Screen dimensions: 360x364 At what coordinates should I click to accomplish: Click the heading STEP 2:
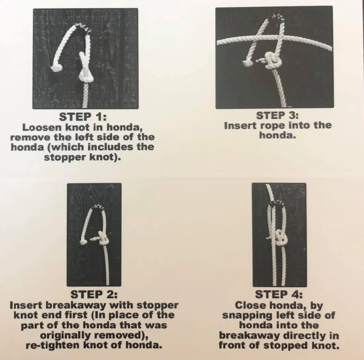94,295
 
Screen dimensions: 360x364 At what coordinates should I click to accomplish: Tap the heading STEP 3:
278,116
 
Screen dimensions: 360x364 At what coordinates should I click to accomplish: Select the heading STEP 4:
279,295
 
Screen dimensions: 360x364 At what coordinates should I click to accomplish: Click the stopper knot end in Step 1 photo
56,68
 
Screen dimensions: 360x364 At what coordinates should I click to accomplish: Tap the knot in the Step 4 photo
280,237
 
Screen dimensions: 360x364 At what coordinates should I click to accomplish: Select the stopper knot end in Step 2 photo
83,242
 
